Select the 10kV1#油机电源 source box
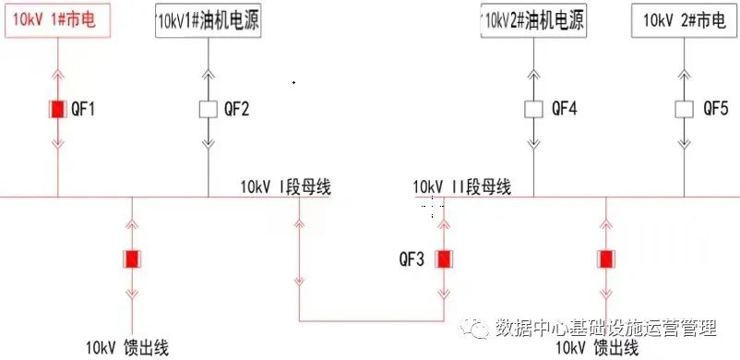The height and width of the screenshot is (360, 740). tap(208, 21)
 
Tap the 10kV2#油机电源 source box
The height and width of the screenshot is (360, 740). tap(534, 19)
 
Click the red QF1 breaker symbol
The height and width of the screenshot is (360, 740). tap(58, 109)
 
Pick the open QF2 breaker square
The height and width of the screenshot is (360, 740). tap(208, 109)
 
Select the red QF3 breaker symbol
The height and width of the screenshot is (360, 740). tap(444, 259)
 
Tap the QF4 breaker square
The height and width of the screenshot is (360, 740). tap(534, 109)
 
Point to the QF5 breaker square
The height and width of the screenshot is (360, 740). tap(683, 109)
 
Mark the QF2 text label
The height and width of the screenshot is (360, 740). tap(236, 109)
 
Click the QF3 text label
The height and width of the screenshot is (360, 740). tap(412, 259)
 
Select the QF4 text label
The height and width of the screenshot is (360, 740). tap(564, 109)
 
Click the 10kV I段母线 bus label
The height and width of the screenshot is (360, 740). tap(285, 187)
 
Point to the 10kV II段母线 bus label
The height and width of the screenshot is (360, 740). tap(462, 187)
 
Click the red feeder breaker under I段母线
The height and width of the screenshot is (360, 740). tap(132, 259)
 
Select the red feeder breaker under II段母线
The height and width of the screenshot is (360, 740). tap(606, 259)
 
